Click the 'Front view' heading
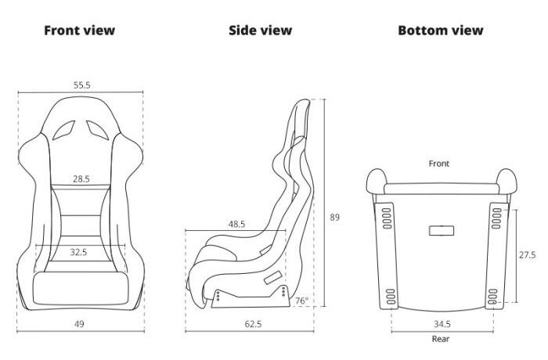79,31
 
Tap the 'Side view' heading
261,31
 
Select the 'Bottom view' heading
440,31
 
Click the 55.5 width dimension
81,85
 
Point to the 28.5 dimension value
81,179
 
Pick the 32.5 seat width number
78,252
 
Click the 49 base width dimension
79,324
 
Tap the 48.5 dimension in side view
236,224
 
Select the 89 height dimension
334,217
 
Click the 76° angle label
301,301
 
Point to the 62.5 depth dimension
253,324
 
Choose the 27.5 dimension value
527,255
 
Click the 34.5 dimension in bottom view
442,324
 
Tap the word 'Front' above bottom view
439,164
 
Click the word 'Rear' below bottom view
441,339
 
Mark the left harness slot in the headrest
64,130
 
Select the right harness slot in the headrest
98,130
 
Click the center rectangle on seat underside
442,231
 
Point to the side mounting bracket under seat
251,297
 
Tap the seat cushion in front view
81,288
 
